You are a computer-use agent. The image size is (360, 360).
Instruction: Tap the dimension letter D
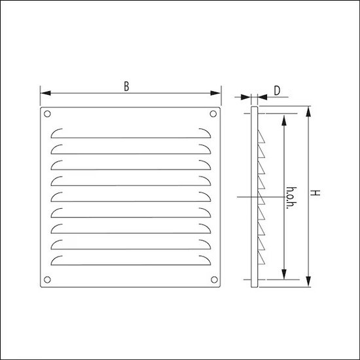pos(278,91)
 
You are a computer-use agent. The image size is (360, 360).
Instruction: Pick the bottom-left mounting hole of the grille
pos(46,281)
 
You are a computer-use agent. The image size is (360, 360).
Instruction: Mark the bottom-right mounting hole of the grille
pos(213,281)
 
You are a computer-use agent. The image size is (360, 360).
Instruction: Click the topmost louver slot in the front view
pos(130,132)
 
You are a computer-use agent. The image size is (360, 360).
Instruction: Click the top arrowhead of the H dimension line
pos(308,111)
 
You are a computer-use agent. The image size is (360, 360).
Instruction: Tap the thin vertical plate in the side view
pos(254,196)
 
